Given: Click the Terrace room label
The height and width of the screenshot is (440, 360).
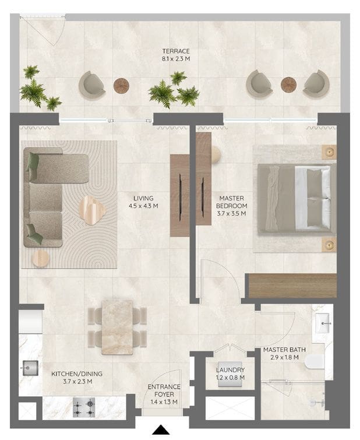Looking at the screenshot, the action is click(x=176, y=51).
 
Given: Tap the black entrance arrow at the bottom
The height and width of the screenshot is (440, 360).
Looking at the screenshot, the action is click(x=161, y=430).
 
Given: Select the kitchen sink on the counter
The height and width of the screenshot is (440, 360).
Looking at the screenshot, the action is click(x=30, y=368).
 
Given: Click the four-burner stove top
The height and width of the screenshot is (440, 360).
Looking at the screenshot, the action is click(x=84, y=407).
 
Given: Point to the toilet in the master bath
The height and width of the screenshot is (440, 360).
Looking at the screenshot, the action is click(x=315, y=362).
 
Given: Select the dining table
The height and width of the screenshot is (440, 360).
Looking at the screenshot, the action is click(x=117, y=327).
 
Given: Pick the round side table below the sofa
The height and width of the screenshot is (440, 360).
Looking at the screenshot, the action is click(x=41, y=258).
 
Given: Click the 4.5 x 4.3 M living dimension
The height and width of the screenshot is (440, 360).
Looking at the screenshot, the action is click(x=143, y=206).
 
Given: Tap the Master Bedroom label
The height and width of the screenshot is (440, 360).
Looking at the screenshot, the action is click(x=231, y=202).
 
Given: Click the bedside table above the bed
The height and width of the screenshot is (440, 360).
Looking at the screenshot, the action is click(x=329, y=152).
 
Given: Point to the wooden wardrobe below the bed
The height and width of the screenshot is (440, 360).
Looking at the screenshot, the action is click(x=292, y=286).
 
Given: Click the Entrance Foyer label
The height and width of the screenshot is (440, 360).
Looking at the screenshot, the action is click(x=164, y=390).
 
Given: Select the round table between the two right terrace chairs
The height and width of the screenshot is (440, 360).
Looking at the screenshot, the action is click(x=289, y=85).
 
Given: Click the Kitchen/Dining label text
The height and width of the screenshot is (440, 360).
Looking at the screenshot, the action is click(x=77, y=374).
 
